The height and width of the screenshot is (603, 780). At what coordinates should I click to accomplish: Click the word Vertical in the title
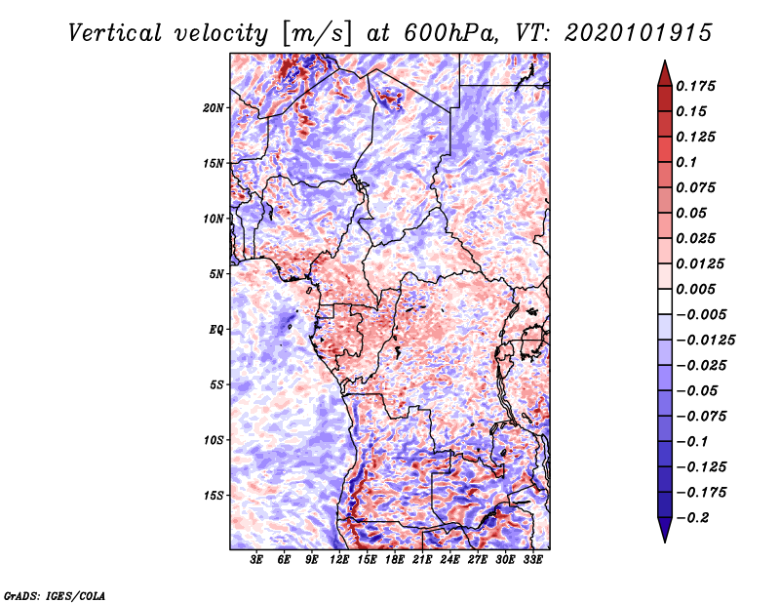(x=114, y=33)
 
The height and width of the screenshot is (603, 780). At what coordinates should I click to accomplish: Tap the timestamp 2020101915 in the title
(x=639, y=33)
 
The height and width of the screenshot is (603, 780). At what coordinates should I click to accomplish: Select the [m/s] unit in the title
(x=318, y=33)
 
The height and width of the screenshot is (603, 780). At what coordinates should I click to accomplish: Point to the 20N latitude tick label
(x=214, y=108)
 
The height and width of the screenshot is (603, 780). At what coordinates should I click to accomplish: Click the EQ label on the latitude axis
(x=216, y=330)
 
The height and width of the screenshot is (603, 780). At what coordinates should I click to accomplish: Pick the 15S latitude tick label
(x=214, y=496)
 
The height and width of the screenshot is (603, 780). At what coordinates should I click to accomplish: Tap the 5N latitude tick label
(x=216, y=274)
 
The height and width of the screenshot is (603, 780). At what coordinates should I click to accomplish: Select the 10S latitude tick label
(x=214, y=440)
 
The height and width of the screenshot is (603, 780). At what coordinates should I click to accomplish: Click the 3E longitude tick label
(x=256, y=560)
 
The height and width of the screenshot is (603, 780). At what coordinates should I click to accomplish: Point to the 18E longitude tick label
(x=395, y=560)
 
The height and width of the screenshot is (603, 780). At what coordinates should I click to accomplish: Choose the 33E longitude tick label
(x=532, y=560)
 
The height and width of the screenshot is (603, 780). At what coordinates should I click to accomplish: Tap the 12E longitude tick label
(x=339, y=560)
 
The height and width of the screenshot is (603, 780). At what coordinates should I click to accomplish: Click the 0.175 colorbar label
(x=695, y=86)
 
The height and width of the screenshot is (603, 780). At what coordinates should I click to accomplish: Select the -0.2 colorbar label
(x=692, y=518)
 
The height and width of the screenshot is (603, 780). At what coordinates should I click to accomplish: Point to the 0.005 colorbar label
(x=695, y=289)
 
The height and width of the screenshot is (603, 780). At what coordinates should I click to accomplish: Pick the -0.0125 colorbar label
(x=705, y=341)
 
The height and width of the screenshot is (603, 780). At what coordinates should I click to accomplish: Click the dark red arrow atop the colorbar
(x=665, y=74)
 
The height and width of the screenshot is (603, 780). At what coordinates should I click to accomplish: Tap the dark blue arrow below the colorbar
(x=665, y=530)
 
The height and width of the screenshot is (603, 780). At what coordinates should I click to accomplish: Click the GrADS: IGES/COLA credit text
(x=55, y=595)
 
